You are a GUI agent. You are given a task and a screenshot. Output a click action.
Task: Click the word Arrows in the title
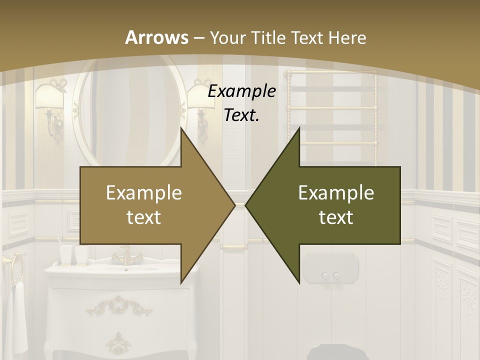click(156, 37)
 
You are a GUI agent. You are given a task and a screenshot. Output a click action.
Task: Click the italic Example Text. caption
click(242, 103)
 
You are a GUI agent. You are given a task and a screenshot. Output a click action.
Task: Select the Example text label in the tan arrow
click(144, 205)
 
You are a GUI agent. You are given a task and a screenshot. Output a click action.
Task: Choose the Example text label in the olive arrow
click(336, 205)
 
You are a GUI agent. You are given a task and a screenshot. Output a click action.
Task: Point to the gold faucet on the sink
click(123, 257)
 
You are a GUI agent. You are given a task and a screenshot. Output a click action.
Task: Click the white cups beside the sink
click(74, 254)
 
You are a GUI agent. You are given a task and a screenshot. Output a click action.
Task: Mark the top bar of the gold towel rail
click(330, 73)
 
